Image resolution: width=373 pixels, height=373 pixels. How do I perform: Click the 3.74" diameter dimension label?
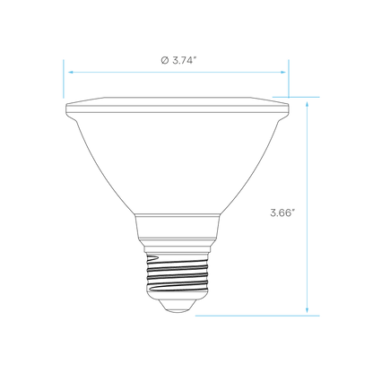click(x=178, y=60)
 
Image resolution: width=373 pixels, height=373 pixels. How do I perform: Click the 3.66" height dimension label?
click(x=282, y=213)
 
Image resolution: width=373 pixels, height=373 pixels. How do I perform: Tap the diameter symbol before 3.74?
click(x=165, y=60)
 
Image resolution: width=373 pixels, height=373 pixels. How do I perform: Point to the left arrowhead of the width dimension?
click(x=71, y=72)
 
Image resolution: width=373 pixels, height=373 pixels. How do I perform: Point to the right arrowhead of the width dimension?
click(x=282, y=72)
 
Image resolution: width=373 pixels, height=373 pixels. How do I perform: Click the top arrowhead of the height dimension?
click(x=307, y=104)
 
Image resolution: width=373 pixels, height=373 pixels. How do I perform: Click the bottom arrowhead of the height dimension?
click(x=307, y=310)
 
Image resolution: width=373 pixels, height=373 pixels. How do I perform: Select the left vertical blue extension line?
click(x=64, y=79)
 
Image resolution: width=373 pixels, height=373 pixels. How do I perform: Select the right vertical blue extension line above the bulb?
click(x=289, y=79)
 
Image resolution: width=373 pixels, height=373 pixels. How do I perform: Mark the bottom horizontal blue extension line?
click(x=257, y=316)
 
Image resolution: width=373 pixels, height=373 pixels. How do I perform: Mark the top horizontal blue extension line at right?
click(x=296, y=97)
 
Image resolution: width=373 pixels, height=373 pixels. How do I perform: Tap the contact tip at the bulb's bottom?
click(x=178, y=306)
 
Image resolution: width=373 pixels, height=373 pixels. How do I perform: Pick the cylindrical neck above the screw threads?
click(x=178, y=230)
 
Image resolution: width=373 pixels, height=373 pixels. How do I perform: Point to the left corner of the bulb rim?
click(x=65, y=105)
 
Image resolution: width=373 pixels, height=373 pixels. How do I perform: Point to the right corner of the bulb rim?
click(x=289, y=105)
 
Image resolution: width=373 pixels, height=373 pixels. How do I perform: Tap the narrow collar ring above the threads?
click(x=178, y=249)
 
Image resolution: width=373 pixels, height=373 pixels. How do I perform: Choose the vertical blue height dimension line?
click(x=307, y=207)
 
